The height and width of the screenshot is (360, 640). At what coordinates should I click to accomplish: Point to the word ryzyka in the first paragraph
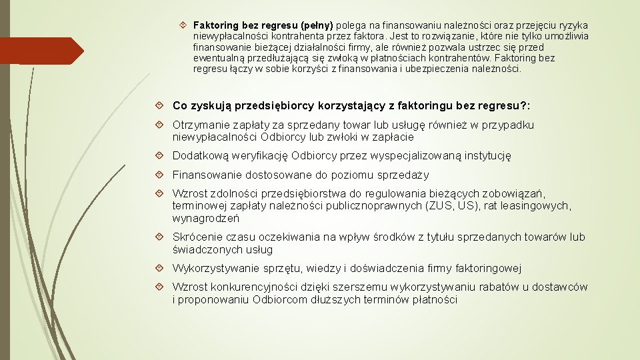coord(572,25)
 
